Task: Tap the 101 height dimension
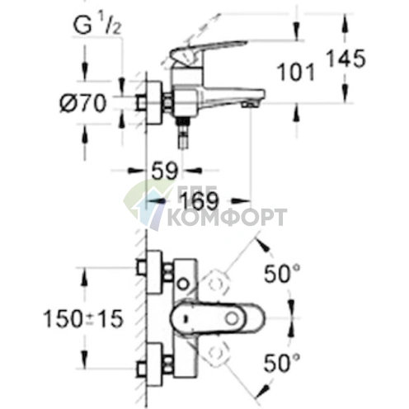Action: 299,73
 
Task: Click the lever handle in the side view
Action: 209,54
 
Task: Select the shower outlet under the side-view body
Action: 182,136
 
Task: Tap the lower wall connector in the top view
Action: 150,364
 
